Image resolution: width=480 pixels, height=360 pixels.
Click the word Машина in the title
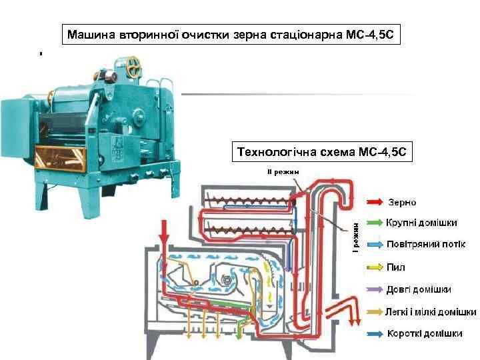click(x=91, y=33)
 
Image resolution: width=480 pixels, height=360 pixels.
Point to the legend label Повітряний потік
click(x=426, y=245)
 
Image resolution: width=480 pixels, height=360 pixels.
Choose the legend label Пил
click(x=396, y=267)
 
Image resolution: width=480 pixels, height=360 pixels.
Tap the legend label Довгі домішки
click(x=419, y=289)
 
